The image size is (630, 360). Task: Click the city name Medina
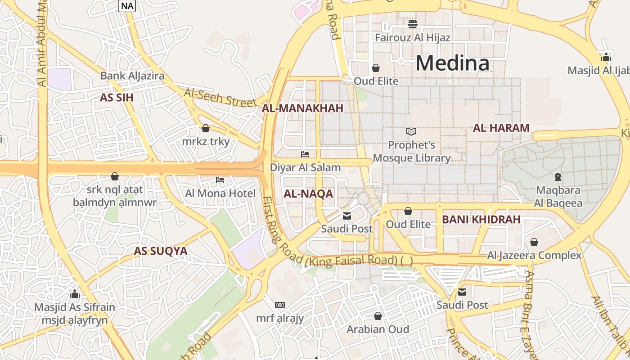[x=452, y=63]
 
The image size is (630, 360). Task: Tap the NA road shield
[x=127, y=6]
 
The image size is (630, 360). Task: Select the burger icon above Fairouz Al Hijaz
[x=412, y=24]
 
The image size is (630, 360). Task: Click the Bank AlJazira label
[x=132, y=76]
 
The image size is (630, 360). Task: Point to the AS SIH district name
[x=117, y=98]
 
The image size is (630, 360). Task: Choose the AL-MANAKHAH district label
[x=302, y=108]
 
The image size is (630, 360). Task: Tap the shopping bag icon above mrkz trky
[x=206, y=128]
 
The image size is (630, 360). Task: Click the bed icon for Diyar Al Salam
[x=305, y=154]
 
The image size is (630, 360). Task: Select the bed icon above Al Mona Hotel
[x=220, y=180]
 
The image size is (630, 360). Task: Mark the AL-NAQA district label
[x=308, y=194]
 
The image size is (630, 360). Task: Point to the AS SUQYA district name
[x=161, y=251]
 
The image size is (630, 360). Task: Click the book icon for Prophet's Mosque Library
[x=411, y=131]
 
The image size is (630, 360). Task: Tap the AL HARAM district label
[x=501, y=128]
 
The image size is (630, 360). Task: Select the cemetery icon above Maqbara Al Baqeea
[x=558, y=176]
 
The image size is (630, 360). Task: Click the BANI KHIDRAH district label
[x=481, y=220]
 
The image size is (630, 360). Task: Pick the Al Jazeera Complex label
[x=534, y=256]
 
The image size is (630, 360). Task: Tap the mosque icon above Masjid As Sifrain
[x=75, y=294]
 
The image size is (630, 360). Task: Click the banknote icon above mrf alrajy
[x=280, y=305]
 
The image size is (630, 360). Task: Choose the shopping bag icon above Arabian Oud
[x=378, y=316]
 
